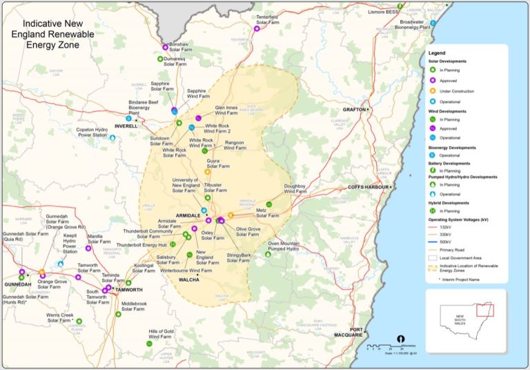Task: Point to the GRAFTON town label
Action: pos(355,110)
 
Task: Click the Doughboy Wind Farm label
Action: pos(300,189)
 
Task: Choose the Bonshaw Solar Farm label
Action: pos(181,46)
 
